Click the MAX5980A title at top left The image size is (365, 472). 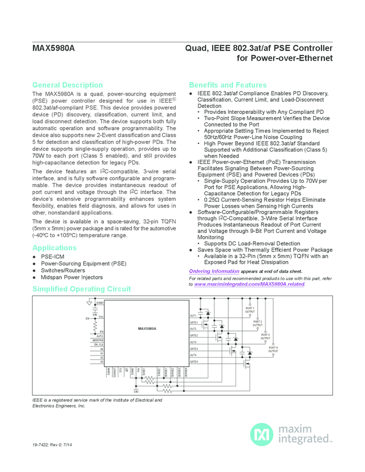click(x=53, y=48)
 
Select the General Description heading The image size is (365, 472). click(x=67, y=85)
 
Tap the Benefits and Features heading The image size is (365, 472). click(x=228, y=85)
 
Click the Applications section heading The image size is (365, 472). click(x=54, y=248)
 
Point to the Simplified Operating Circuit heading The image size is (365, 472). click(x=82, y=289)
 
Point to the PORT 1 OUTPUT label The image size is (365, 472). click(x=249, y=310)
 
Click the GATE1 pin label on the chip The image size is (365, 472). click(x=194, y=323)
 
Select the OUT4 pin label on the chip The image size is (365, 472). click(x=193, y=355)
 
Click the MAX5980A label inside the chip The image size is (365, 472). click(x=147, y=329)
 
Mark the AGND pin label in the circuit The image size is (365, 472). click(x=100, y=302)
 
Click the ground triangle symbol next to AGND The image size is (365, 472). click(x=89, y=303)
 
